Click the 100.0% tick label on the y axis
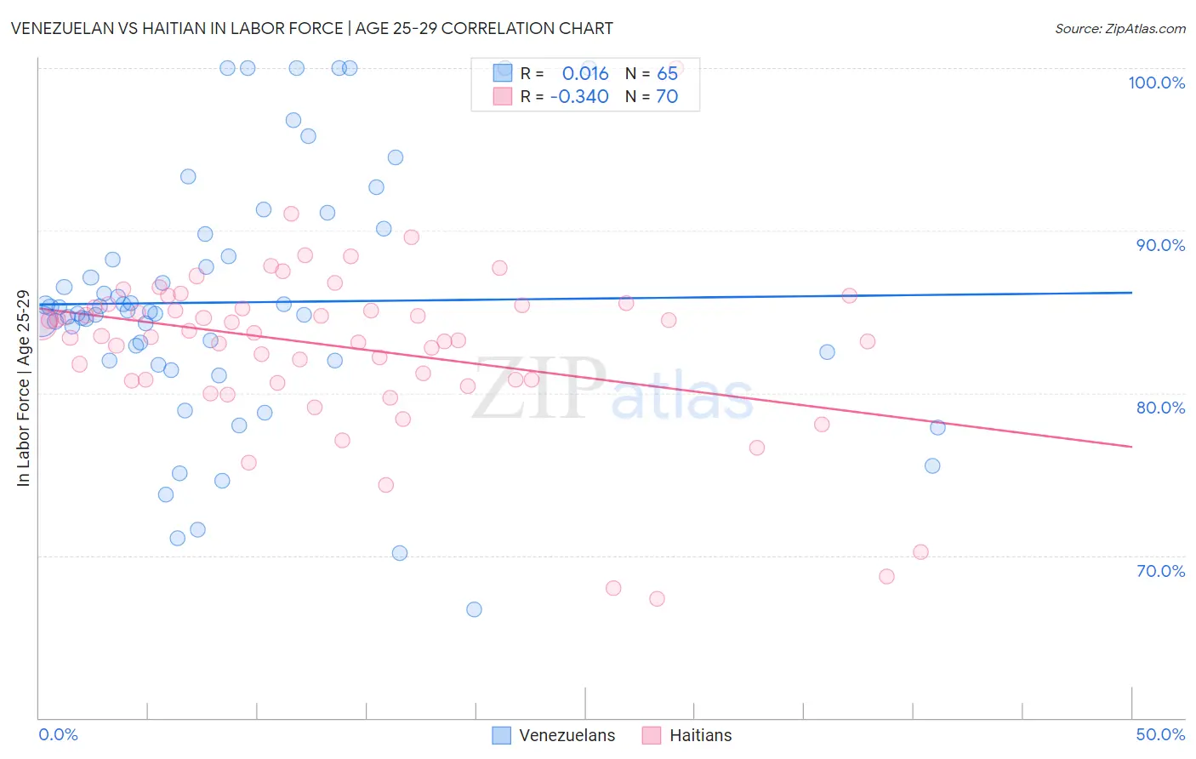point(1156,83)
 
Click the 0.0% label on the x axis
point(58,734)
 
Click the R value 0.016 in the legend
point(585,74)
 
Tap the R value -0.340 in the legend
point(579,97)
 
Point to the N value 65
point(667,74)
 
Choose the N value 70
point(667,97)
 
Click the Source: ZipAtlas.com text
point(1119,29)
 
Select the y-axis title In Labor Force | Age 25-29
point(23,389)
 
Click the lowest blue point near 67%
point(474,609)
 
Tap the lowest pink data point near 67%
point(657,599)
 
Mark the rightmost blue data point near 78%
point(937,427)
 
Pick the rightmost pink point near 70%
point(920,552)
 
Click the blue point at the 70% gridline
point(400,553)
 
